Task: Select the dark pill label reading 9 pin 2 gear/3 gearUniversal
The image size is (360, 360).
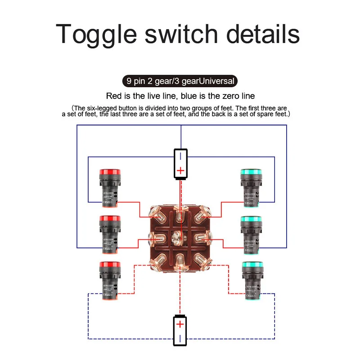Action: point(180,81)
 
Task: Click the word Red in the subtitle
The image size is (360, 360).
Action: point(114,96)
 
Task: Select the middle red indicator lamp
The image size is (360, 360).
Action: point(108,232)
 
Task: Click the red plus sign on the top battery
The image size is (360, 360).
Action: point(180,171)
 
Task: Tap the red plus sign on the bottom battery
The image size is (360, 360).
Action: point(180,324)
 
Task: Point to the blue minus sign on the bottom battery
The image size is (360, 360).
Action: point(180,337)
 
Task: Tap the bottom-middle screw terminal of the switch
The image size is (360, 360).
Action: point(180,260)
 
